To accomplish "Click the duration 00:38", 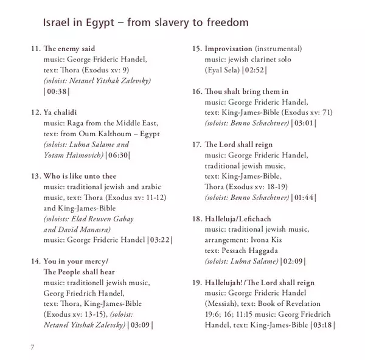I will click(x=57, y=91).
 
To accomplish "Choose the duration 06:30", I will click(x=118, y=156).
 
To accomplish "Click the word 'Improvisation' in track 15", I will click(x=228, y=48).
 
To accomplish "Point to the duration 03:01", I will click(x=304, y=123).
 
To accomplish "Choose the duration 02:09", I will click(x=293, y=262).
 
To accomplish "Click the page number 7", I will click(x=32, y=346).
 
